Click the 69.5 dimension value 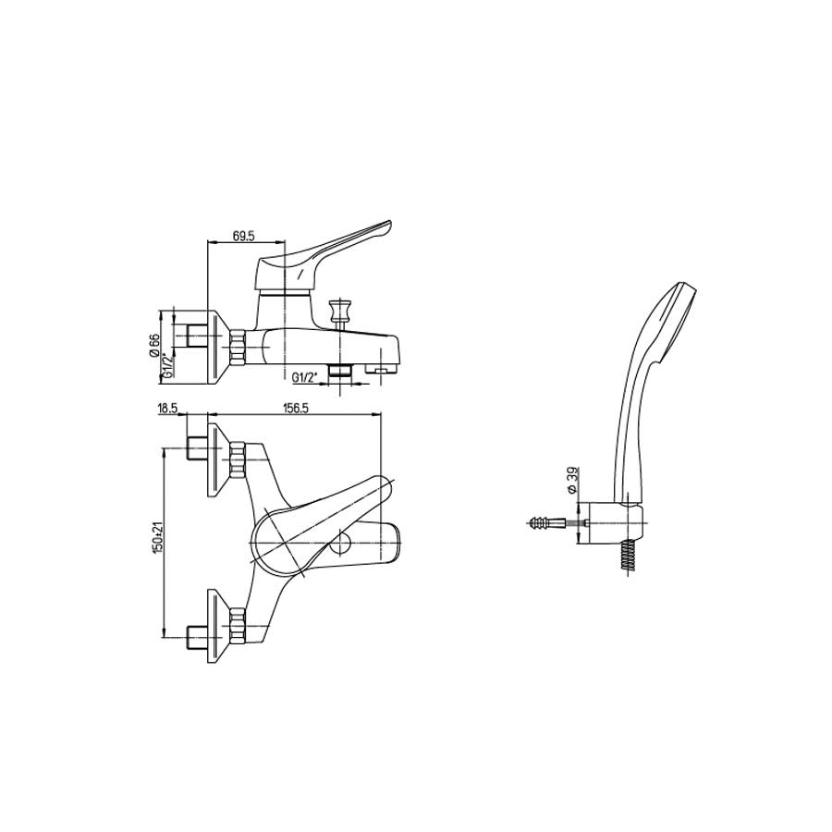click(244, 236)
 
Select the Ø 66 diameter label click(153, 345)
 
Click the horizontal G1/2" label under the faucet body click(304, 377)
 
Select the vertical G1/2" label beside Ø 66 click(168, 365)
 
